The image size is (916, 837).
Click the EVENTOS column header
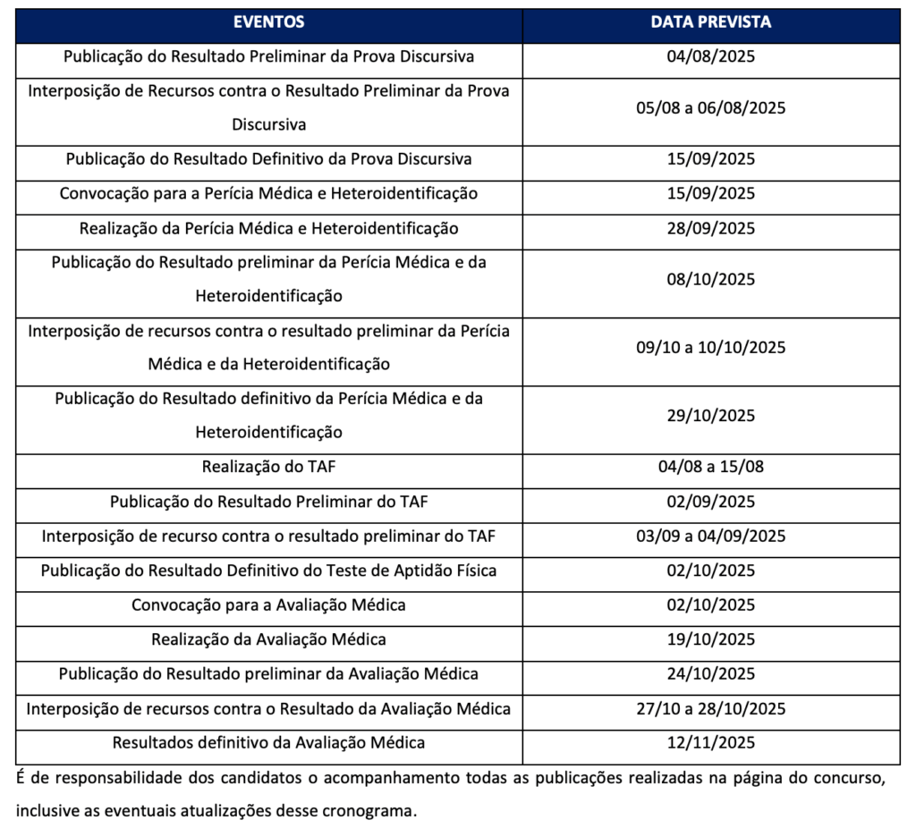[x=268, y=22]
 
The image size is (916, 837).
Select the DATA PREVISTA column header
[x=711, y=22]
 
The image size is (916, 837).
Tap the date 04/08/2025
[x=711, y=56]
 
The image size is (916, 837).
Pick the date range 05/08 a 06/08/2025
[x=711, y=108]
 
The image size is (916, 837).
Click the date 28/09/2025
[x=711, y=229]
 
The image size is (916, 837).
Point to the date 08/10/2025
[x=711, y=279]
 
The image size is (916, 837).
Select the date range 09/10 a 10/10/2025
[x=711, y=348]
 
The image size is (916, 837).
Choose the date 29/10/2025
[x=711, y=416]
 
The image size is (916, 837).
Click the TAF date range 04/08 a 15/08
[x=711, y=467]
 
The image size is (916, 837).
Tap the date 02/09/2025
[x=711, y=502]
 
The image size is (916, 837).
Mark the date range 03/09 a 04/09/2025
[x=711, y=537]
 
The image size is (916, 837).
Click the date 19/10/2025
[x=711, y=640]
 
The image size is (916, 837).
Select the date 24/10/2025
[x=711, y=674]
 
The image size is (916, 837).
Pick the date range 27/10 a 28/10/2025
[x=711, y=709]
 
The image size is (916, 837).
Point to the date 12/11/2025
[x=711, y=743]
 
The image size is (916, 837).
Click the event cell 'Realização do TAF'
[x=268, y=467]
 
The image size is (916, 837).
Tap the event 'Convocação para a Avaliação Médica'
[x=268, y=605]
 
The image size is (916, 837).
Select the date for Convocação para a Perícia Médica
[x=711, y=193]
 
